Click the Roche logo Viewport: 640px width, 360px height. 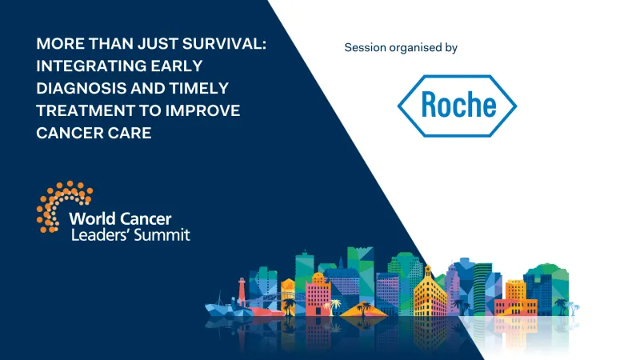pyautogui.click(x=458, y=106)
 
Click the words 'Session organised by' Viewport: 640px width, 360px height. pyautogui.click(x=400, y=48)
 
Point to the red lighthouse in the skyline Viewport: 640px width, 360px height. pyautogui.click(x=241, y=290)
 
